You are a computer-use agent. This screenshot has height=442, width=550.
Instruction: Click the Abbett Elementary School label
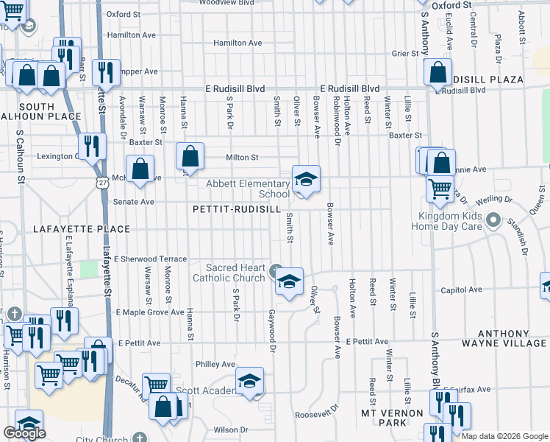[248, 189]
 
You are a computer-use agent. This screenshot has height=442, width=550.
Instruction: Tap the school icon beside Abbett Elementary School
[306, 179]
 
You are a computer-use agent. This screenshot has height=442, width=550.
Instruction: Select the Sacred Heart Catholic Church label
[229, 272]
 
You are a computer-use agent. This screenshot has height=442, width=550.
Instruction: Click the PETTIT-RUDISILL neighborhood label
[237, 209]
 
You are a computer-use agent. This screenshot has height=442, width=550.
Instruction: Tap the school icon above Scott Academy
[250, 381]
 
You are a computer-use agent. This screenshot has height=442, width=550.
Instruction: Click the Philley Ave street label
[215, 364]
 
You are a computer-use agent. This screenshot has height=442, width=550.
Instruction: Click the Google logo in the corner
[24, 433]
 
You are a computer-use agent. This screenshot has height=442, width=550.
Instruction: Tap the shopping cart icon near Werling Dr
[440, 189]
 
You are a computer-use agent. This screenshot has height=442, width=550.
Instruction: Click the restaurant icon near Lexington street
[92, 146]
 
